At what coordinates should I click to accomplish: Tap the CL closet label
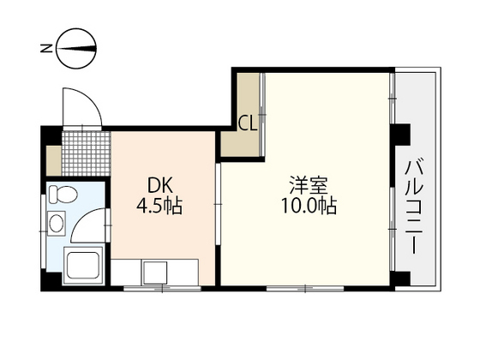[x=247, y=123]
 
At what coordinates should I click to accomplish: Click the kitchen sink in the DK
[x=157, y=271]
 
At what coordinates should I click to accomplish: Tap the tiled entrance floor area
[x=85, y=151]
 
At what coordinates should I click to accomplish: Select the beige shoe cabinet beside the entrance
[x=53, y=159]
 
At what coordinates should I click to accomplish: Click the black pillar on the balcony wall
[x=401, y=136]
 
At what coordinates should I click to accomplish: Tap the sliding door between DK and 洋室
[x=218, y=206]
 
